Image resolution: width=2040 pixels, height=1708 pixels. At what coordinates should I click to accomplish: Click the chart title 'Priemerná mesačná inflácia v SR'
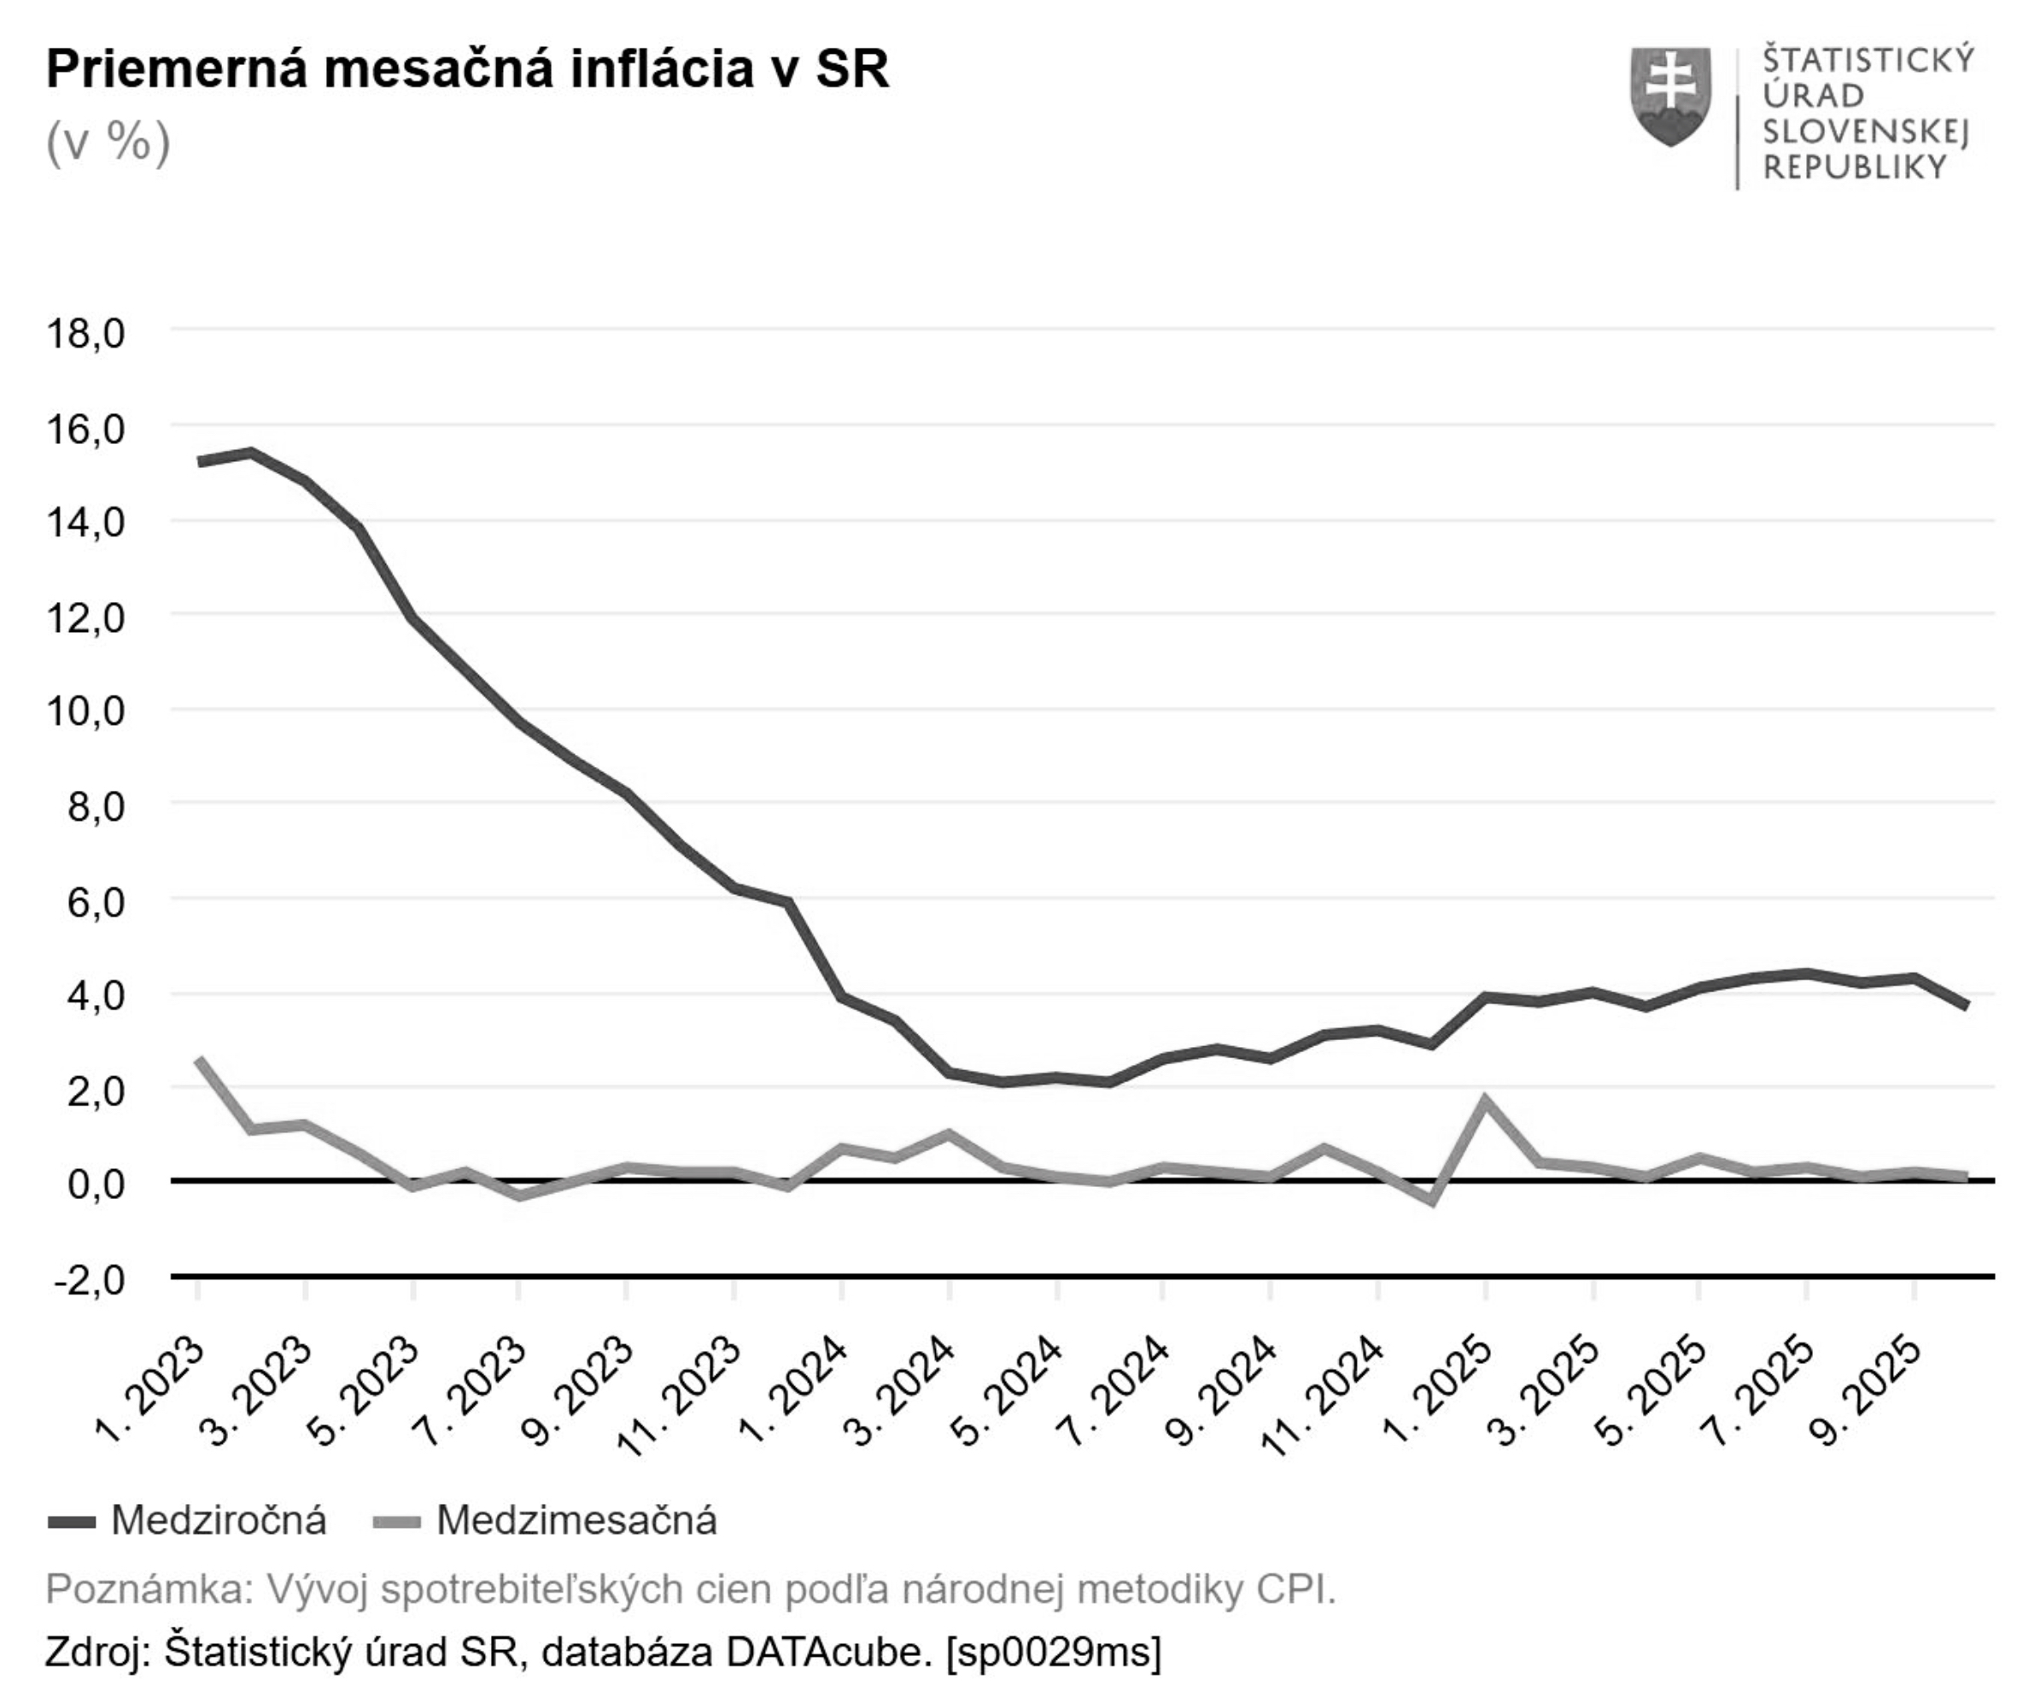tap(467, 70)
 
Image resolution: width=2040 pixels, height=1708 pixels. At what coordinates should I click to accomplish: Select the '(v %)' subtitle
tap(108, 143)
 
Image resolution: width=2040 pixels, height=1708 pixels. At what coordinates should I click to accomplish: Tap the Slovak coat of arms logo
tap(1670, 97)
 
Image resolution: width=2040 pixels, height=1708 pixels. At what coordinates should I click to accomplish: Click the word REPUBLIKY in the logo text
tap(1854, 168)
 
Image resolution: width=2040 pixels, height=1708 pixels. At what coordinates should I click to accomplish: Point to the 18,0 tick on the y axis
tap(85, 333)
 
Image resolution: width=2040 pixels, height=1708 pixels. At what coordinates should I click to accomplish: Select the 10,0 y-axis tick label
tap(85, 711)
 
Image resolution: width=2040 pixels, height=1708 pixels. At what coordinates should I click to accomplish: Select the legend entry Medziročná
tap(218, 1520)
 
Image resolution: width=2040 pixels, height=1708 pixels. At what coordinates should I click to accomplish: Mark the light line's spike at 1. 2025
tap(1484, 1100)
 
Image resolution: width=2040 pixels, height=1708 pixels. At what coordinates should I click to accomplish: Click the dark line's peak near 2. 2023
tap(252, 452)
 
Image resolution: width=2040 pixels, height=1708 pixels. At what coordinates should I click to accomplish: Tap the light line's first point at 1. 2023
tap(199, 1059)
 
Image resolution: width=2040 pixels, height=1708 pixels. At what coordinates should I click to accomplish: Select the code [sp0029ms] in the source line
tap(1053, 1652)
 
